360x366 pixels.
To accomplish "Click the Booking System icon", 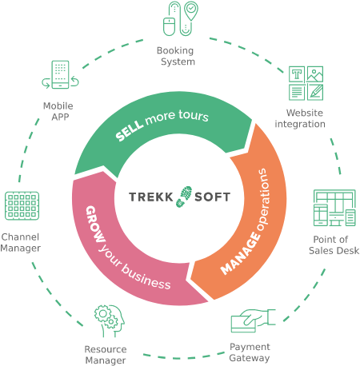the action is tap(181, 18).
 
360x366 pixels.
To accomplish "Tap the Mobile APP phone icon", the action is tap(60, 74).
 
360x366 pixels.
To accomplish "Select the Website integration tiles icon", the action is tap(306, 83).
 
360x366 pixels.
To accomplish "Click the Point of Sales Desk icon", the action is tap(334, 208).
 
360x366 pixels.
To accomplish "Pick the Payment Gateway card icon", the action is tap(253, 320).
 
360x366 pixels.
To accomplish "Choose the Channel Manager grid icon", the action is tap(22, 205).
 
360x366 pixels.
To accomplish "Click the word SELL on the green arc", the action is tap(130, 130).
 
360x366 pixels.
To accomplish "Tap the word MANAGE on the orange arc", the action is tap(240, 253).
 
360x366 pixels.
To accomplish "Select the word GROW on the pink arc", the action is tap(94, 224).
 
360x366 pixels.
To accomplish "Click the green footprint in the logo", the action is tap(184, 197).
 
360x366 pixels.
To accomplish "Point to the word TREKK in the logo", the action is tap(151, 197).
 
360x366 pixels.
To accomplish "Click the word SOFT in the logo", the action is tap(212, 197).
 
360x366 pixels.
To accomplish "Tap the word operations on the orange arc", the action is tap(262, 199).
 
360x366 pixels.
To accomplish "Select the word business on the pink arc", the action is tap(146, 277).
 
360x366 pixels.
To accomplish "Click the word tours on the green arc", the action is tap(194, 115).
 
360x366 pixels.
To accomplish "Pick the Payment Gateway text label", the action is tap(250, 352).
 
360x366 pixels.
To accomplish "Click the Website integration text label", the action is tap(300, 118).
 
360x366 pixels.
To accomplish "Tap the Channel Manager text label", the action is tap(20, 242).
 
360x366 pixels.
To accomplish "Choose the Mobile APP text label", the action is tap(58, 111).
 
